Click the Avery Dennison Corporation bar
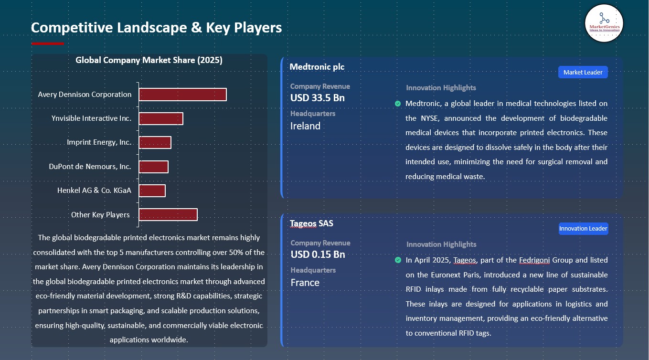pyautogui.click(x=182, y=95)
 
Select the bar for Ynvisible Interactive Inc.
pyautogui.click(x=161, y=118)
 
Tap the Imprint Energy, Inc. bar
pyautogui.click(x=155, y=142)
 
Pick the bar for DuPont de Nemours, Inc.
pyautogui.click(x=153, y=167)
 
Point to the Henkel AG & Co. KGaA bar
pyautogui.click(x=152, y=191)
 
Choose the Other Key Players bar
pyautogui.click(x=168, y=215)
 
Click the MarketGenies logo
pyautogui.click(x=604, y=23)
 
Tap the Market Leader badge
pyautogui.click(x=583, y=72)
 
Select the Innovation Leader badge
pyautogui.click(x=583, y=228)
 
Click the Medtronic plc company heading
pyautogui.click(x=317, y=67)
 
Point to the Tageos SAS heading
pyautogui.click(x=311, y=223)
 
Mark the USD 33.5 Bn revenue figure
pyautogui.click(x=317, y=98)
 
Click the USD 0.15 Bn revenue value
pyautogui.click(x=318, y=254)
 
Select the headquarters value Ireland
pyautogui.click(x=305, y=126)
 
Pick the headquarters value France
pyautogui.click(x=305, y=283)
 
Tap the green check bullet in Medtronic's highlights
pyautogui.click(x=398, y=104)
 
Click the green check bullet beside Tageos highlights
pyautogui.click(x=398, y=260)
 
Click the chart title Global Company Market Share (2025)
pyautogui.click(x=149, y=60)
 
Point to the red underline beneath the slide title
pyautogui.click(x=47, y=43)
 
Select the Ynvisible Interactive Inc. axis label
pyautogui.click(x=91, y=118)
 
